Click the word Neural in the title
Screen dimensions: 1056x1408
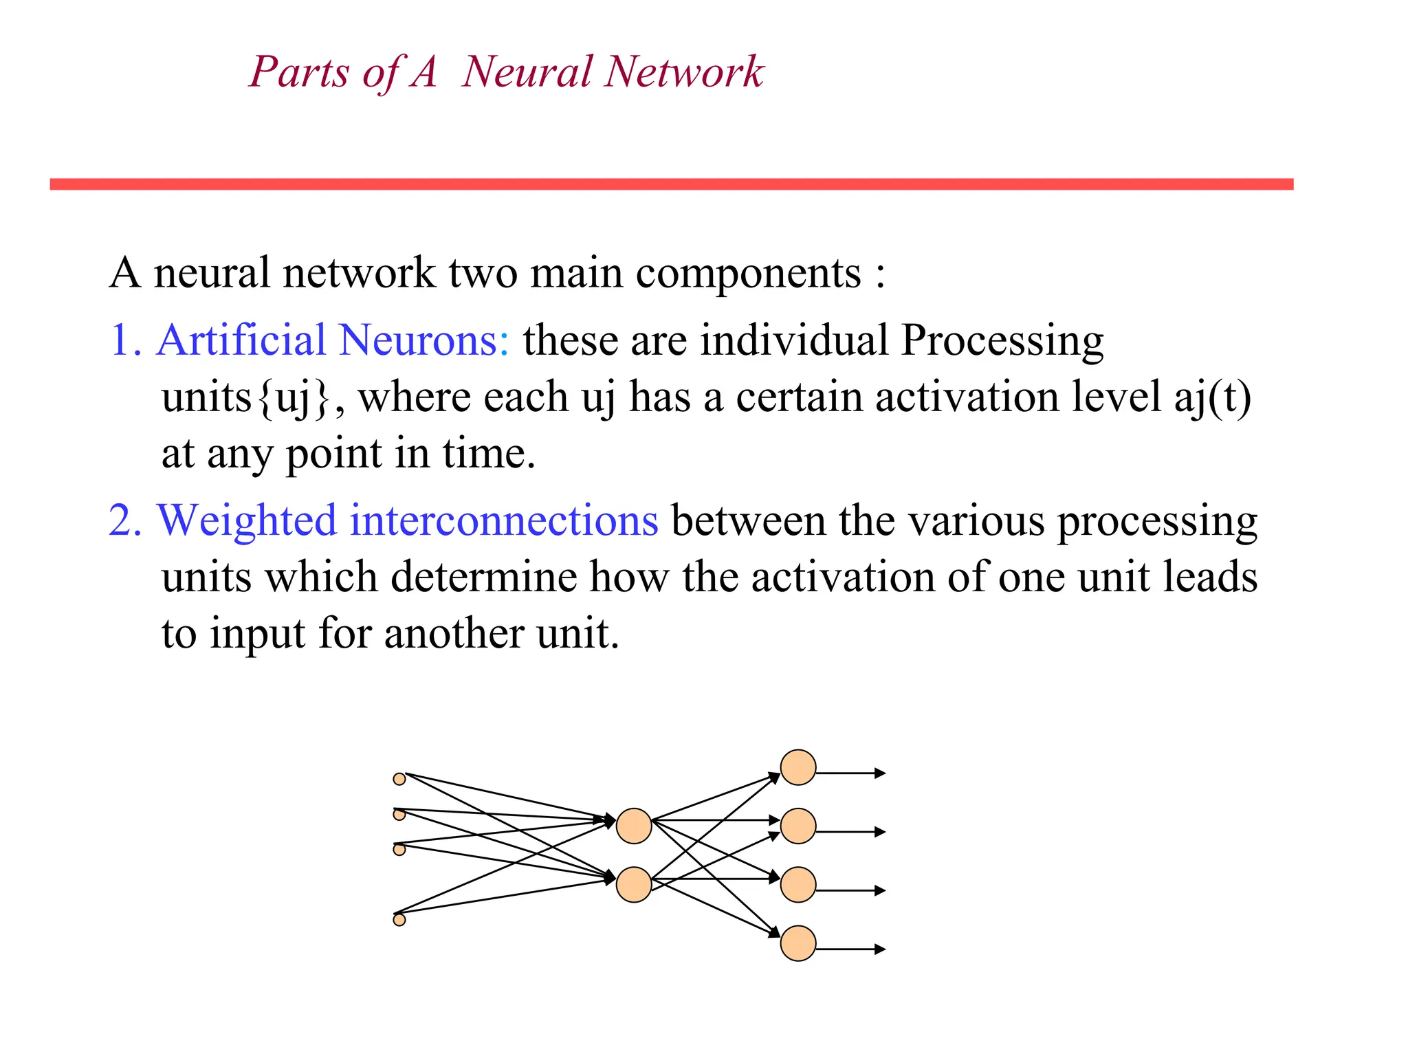pyautogui.click(x=527, y=71)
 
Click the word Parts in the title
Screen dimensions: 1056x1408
pyautogui.click(x=299, y=71)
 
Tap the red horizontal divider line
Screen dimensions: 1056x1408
pyautogui.click(x=671, y=184)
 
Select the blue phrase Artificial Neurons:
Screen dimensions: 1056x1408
pyautogui.click(x=333, y=340)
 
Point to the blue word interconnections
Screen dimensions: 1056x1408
pyautogui.click(x=504, y=520)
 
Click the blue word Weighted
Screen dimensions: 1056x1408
pyautogui.click(x=247, y=520)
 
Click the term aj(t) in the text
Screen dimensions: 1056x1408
pyautogui.click(x=1212, y=397)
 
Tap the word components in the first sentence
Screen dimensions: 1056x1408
pyautogui.click(x=748, y=273)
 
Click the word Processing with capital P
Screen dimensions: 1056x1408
pyautogui.click(x=1002, y=340)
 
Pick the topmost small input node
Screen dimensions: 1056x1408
pyautogui.click(x=399, y=779)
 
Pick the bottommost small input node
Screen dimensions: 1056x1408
pyautogui.click(x=399, y=920)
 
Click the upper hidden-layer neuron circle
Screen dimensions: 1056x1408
pyautogui.click(x=634, y=826)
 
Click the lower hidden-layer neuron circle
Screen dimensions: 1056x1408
pyautogui.click(x=634, y=885)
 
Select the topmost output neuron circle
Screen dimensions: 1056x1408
pyautogui.click(x=798, y=767)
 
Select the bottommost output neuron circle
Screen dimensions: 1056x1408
pyautogui.click(x=798, y=943)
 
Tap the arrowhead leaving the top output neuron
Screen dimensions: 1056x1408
pyautogui.click(x=880, y=773)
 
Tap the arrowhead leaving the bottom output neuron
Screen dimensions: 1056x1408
pyautogui.click(x=880, y=949)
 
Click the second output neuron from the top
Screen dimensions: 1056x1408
pyautogui.click(x=798, y=826)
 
